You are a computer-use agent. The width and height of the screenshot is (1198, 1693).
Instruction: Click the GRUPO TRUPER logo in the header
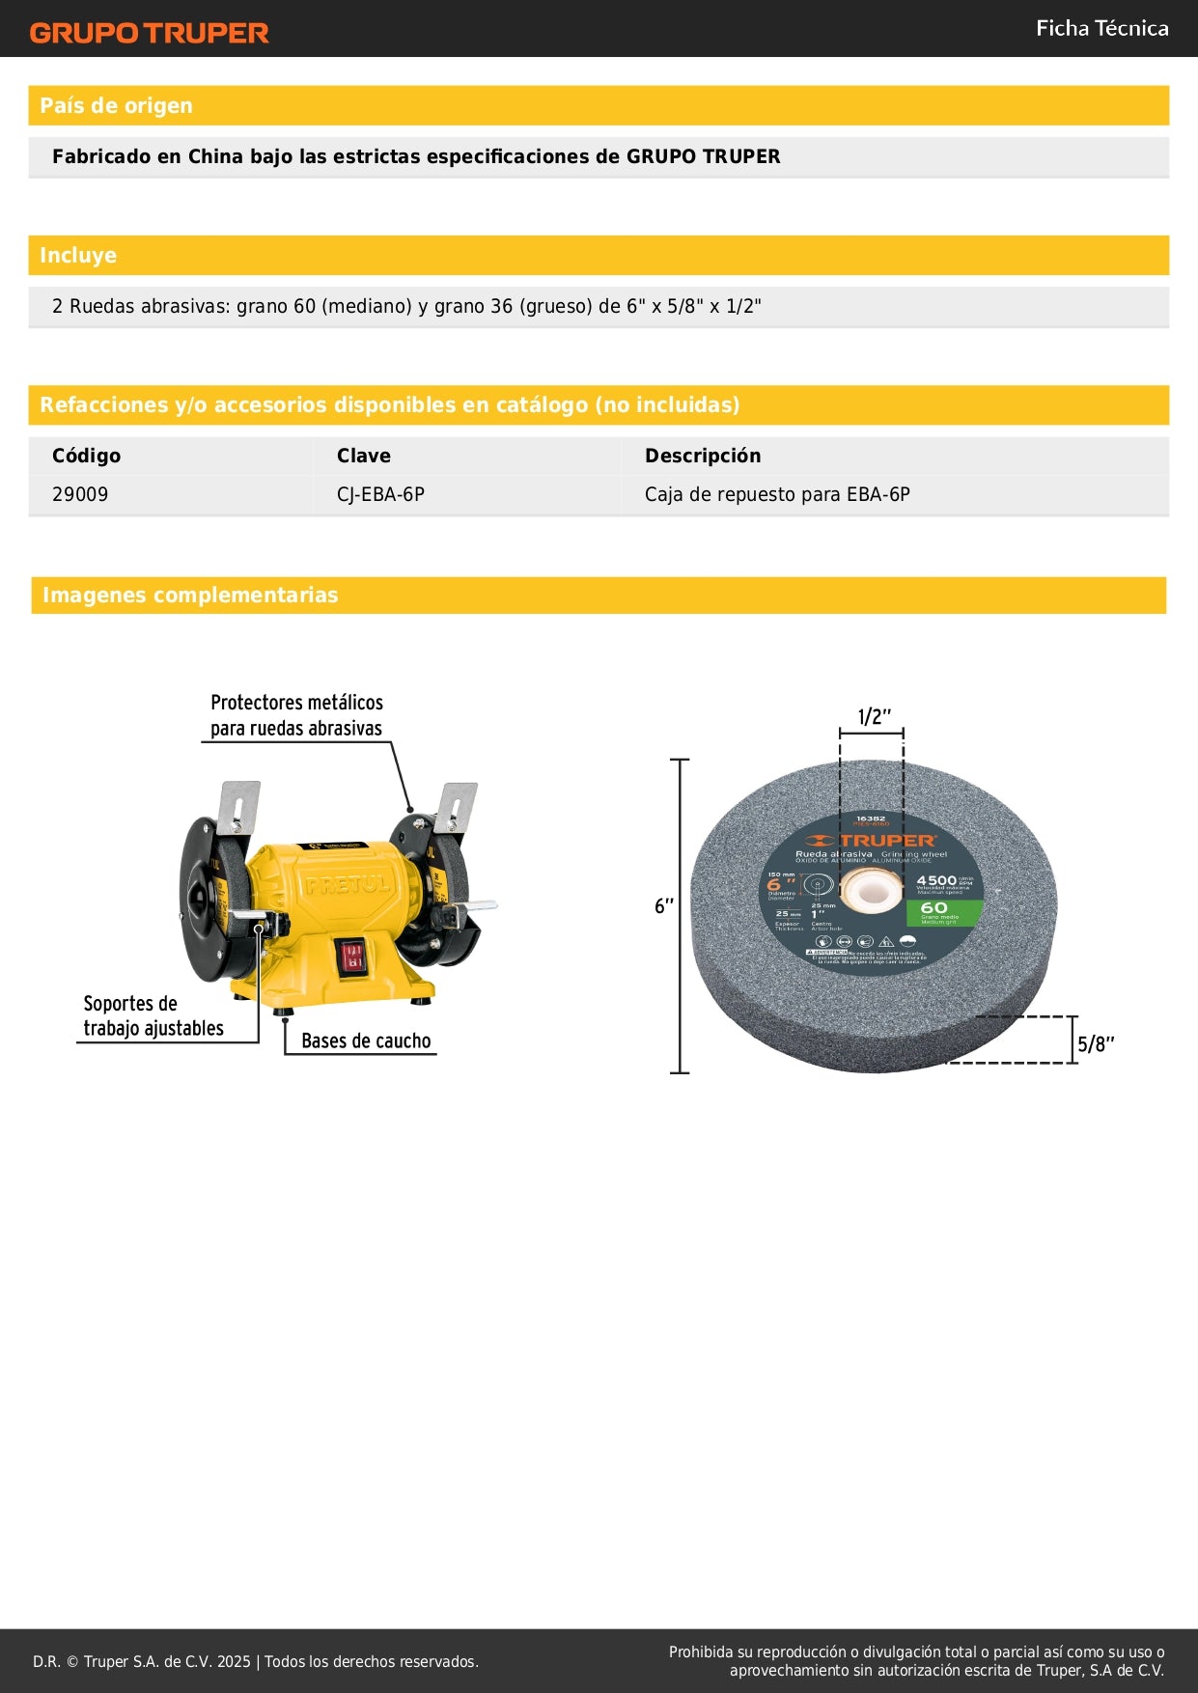point(149,33)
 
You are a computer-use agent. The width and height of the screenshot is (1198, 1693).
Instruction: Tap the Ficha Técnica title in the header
point(1101,28)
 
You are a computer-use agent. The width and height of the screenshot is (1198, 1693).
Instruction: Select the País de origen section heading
point(116,105)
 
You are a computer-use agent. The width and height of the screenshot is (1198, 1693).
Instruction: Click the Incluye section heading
point(78,255)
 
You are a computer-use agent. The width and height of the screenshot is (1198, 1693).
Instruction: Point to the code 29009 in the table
point(80,494)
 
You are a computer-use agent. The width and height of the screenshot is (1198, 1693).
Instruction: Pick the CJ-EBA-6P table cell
point(380,494)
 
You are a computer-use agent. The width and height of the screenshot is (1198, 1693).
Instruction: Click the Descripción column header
point(702,456)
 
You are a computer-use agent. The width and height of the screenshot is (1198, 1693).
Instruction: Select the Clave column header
point(363,456)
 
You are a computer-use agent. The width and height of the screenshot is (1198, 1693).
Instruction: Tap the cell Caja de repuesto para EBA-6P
point(777,494)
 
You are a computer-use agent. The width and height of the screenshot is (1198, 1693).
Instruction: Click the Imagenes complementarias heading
point(190,595)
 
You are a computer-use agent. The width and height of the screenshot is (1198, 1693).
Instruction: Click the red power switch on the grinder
point(351,958)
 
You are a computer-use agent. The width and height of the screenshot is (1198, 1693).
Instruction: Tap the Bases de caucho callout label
point(366,1041)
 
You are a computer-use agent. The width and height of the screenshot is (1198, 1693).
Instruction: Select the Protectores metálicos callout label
point(296,715)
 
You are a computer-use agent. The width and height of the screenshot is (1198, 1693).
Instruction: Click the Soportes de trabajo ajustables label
point(153,1015)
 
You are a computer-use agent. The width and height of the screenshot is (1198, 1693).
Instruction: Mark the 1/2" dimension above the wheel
point(874,716)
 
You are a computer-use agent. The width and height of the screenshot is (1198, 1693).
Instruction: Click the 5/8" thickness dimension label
point(1096,1043)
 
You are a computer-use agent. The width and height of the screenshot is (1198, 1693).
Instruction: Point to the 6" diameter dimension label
point(664,905)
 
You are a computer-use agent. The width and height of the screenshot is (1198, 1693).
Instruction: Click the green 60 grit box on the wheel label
point(944,912)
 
